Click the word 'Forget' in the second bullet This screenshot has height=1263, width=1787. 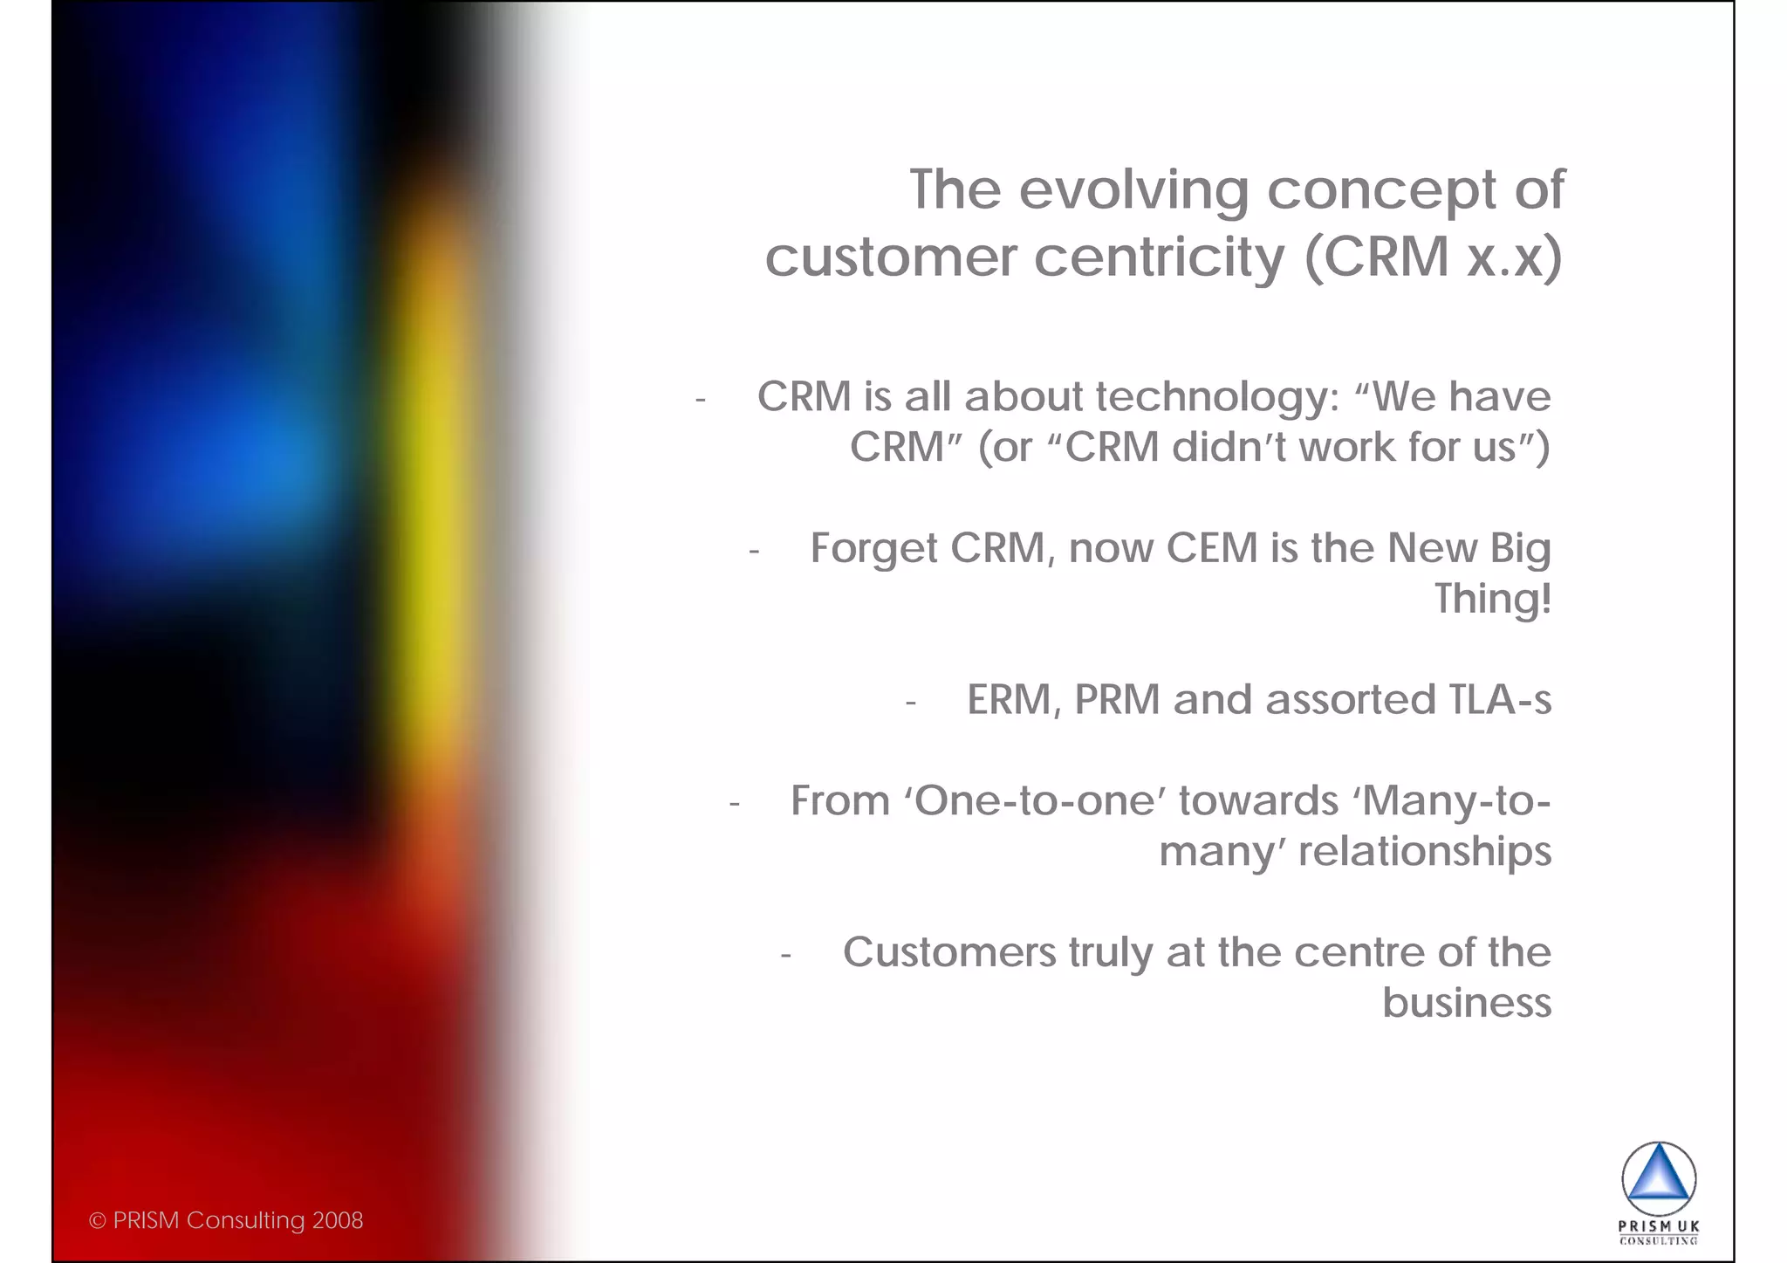873,550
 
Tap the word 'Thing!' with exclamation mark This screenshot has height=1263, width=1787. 1493,600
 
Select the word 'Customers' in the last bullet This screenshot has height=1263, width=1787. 948,952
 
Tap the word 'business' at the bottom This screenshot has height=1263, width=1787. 1467,1003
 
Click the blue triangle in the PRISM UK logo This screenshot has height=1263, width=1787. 1659,1177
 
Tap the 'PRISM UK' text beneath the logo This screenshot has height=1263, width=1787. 1659,1226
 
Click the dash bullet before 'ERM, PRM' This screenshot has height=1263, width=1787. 910,703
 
